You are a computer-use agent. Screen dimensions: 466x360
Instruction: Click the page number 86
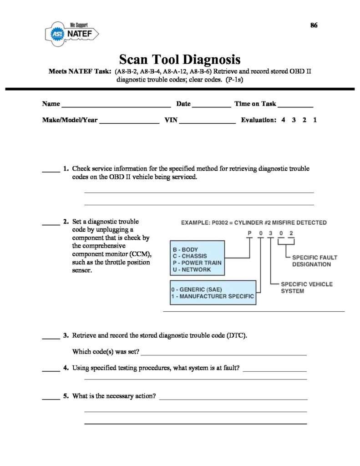click(x=314, y=25)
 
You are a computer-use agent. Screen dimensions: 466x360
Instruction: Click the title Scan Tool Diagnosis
click(x=179, y=60)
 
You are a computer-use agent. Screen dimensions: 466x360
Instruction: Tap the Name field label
click(x=51, y=104)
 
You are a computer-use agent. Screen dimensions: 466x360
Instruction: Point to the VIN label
click(x=170, y=121)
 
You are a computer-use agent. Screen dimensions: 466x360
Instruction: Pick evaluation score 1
click(x=315, y=121)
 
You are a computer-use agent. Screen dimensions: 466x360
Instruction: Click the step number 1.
click(x=66, y=168)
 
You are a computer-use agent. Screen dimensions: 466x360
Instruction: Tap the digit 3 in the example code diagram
click(x=271, y=233)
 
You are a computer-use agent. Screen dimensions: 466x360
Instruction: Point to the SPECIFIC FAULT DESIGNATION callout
click(x=311, y=260)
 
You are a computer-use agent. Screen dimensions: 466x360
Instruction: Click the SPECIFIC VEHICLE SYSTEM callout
click(x=306, y=287)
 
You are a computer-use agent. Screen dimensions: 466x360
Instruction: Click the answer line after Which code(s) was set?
click(x=225, y=354)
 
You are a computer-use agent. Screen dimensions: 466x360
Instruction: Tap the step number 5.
click(x=66, y=396)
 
